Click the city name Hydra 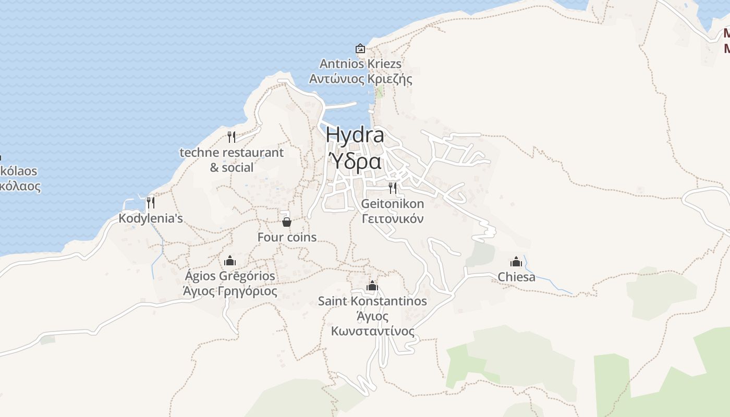[x=355, y=134]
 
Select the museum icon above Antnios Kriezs [x=360, y=48]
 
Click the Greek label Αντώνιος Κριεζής [x=360, y=79]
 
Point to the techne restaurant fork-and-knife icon [x=232, y=137]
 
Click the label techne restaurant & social [x=232, y=160]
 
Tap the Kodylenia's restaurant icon [x=151, y=203]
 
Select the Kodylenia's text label [x=151, y=218]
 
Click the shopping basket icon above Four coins [x=286, y=222]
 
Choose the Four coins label [x=287, y=237]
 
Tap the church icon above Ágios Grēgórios [x=230, y=261]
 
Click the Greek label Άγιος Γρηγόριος [x=230, y=291]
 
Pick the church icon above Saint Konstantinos [x=372, y=286]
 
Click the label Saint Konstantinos [x=372, y=301]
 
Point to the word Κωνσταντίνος [x=372, y=332]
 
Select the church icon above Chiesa [x=516, y=262]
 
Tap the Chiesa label [x=516, y=277]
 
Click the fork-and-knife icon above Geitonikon [x=393, y=188]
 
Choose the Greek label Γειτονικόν [x=393, y=218]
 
